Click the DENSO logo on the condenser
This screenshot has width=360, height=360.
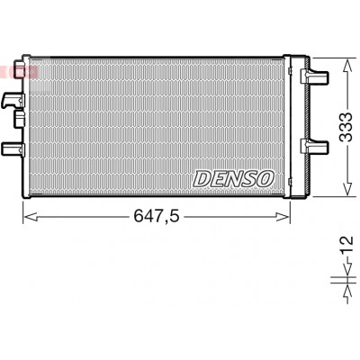(233, 179)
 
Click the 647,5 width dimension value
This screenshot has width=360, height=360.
(157, 216)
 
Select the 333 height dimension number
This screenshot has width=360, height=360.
(346, 127)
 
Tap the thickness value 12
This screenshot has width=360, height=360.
(346, 245)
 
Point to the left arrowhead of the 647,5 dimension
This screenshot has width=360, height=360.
(31, 217)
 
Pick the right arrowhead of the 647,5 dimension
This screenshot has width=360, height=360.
(283, 217)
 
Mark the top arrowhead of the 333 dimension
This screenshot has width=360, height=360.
(347, 66)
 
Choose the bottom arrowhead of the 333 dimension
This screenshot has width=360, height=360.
(347, 189)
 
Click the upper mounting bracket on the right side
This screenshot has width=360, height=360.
(314, 76)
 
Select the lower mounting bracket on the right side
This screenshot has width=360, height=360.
(314, 146)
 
